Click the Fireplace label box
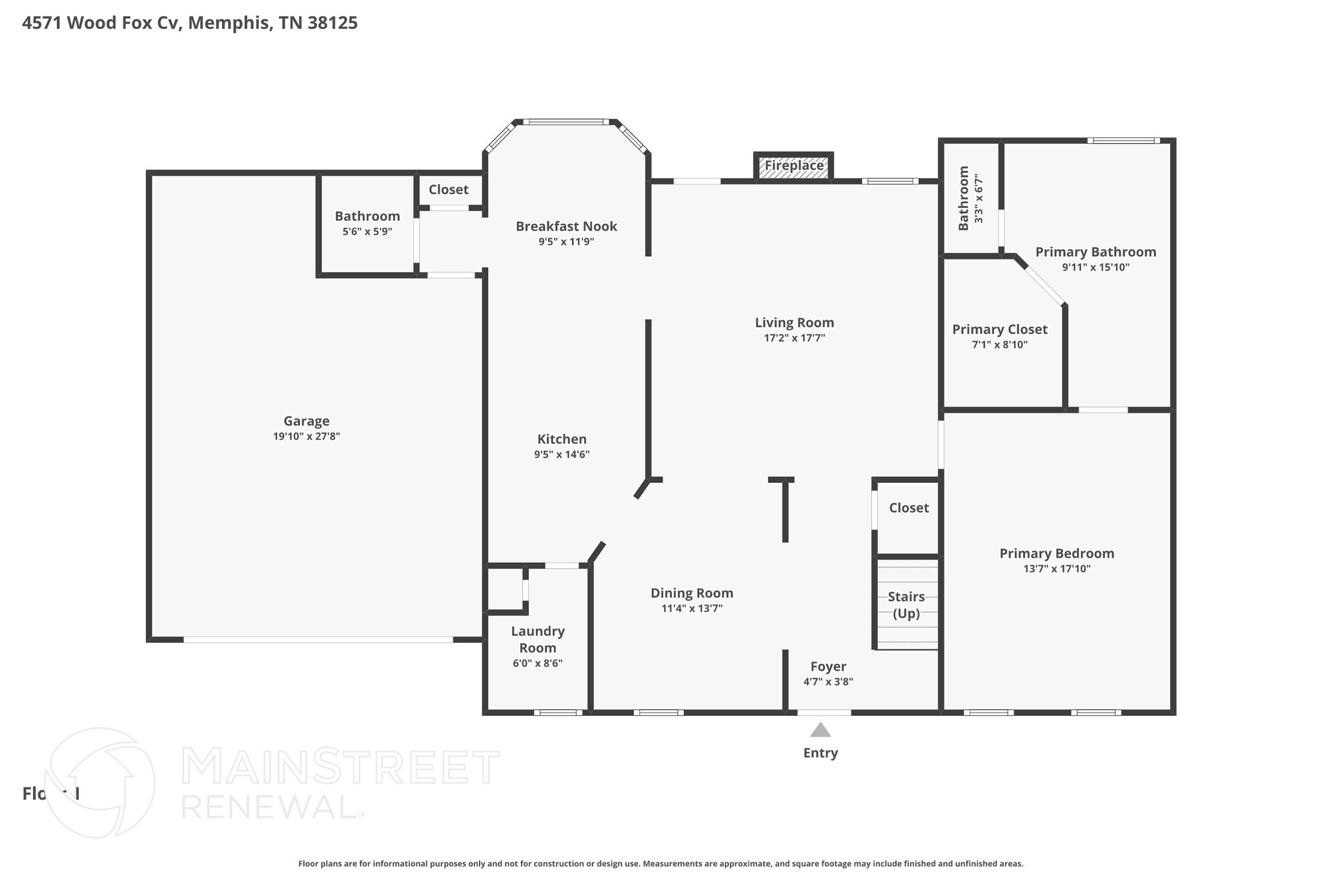[x=794, y=166]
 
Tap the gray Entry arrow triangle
[x=820, y=730]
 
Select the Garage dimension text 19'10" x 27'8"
[x=307, y=437]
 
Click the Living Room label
[x=794, y=323]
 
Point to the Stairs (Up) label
[x=906, y=605]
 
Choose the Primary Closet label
[x=999, y=330]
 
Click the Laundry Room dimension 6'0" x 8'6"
[x=538, y=663]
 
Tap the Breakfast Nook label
[x=566, y=227]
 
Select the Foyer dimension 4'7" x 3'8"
[x=828, y=682]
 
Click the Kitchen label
[x=562, y=440]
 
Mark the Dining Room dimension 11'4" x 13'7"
[x=691, y=609]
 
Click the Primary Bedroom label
[x=1057, y=554]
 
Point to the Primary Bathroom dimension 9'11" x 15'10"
[x=1095, y=267]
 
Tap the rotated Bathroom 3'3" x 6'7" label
[x=970, y=198]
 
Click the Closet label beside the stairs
[x=909, y=508]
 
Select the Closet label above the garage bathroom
[x=448, y=190]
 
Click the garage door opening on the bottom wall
[x=318, y=640]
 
